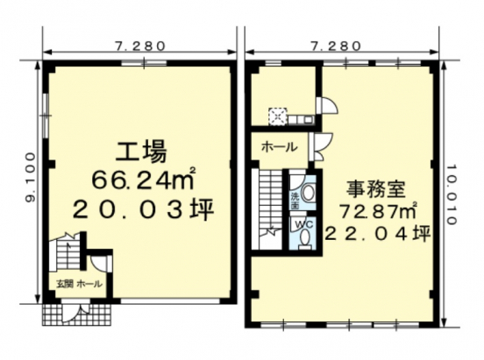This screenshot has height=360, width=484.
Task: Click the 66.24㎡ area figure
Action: point(144,180)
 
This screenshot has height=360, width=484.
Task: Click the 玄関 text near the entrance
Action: point(63,285)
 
